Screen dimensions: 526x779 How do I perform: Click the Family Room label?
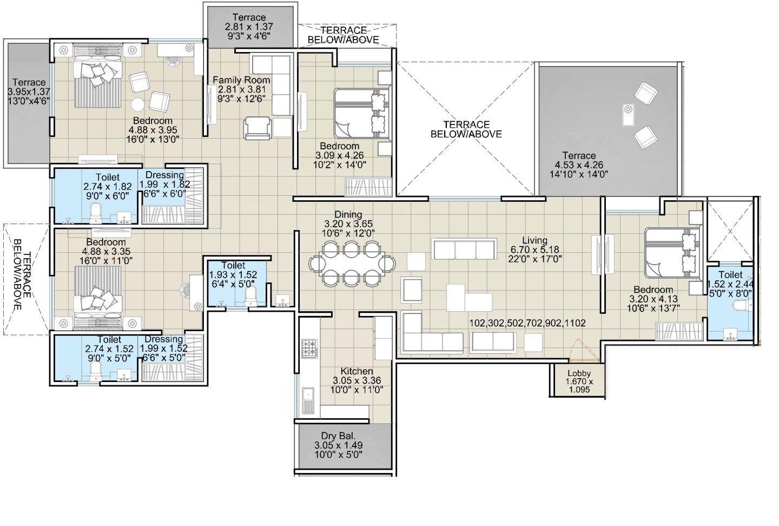[241, 80]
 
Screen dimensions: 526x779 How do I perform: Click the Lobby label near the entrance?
[579, 373]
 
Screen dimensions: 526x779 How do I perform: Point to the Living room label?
[534, 240]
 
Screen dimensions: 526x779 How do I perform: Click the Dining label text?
[348, 215]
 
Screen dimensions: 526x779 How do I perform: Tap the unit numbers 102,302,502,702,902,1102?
[527, 323]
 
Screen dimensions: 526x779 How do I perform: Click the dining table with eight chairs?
[352, 264]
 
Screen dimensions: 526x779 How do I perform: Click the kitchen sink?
[309, 399]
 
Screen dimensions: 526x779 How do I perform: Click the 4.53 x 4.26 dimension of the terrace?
[578, 165]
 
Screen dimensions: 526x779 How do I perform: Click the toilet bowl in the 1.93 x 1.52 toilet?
[251, 297]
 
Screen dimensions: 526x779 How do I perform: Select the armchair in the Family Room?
[256, 128]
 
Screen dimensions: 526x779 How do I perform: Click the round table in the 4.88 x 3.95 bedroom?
[138, 104]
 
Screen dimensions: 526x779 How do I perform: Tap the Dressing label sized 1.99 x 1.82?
[165, 175]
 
